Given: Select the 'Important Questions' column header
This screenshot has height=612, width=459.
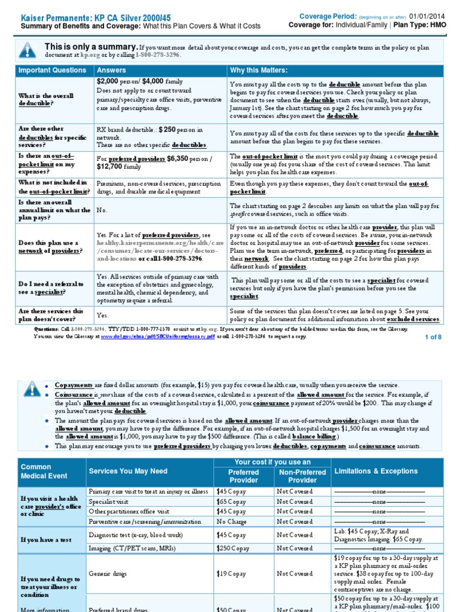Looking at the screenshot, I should [x=53, y=71].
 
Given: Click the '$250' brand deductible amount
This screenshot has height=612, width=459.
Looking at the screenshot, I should [x=167, y=129].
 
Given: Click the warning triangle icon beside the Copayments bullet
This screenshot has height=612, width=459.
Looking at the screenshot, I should [x=30, y=390].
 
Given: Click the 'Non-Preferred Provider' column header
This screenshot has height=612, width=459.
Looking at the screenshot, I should [x=302, y=476].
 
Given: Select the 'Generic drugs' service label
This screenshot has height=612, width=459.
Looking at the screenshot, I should [x=108, y=574].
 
